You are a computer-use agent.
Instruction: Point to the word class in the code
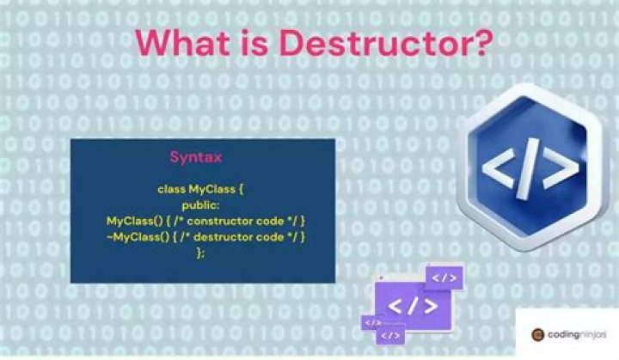point(171,188)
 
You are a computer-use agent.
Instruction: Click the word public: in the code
point(201,204)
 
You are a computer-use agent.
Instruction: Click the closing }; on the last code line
point(201,253)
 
